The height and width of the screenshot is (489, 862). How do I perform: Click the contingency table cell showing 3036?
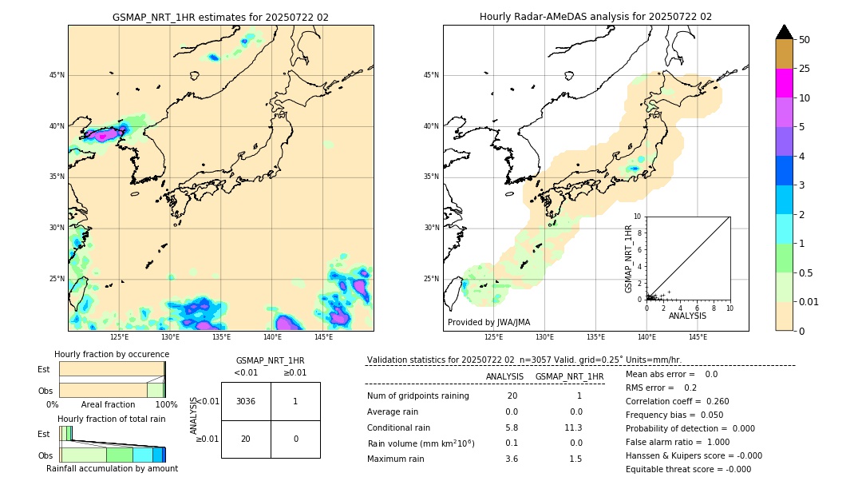tap(246, 401)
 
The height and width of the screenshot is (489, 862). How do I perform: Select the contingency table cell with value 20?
tap(246, 439)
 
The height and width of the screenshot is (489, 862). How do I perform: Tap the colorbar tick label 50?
tap(805, 40)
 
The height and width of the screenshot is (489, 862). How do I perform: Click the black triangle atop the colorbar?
tap(785, 32)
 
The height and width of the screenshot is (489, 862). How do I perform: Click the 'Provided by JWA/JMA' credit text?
tap(488, 323)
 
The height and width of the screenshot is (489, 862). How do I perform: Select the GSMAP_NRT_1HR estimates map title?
tap(220, 17)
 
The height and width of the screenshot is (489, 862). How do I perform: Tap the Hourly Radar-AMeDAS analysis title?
tap(595, 17)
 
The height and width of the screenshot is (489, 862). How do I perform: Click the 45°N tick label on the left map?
tap(57, 75)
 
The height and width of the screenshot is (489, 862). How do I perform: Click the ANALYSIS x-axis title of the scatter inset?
tap(687, 316)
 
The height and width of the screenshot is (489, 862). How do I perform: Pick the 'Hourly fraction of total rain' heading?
tap(112, 419)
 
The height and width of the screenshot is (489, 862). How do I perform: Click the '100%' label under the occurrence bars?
tap(166, 405)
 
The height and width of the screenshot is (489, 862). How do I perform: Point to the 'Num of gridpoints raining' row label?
tap(418, 396)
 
